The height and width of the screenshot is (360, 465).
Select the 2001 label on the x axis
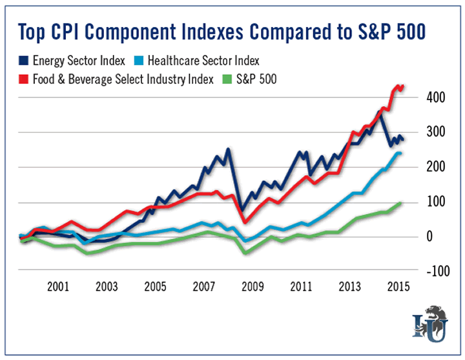click(58, 286)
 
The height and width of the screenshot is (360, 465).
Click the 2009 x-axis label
click(253, 286)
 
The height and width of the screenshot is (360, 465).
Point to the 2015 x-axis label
click(397, 286)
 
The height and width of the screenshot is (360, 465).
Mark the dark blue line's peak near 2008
click(228, 150)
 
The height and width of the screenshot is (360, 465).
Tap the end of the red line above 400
click(402, 86)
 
